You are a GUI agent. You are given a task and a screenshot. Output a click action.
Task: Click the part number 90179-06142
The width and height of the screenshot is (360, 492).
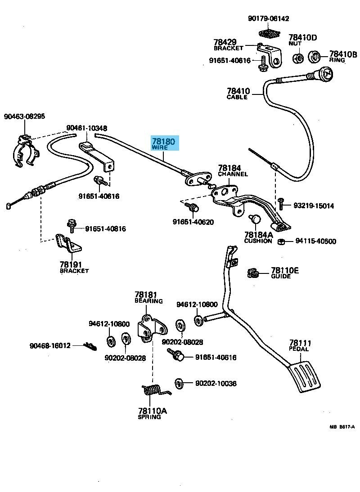click(268, 19)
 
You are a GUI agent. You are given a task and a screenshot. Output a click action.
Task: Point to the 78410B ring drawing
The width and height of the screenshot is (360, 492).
click(315, 57)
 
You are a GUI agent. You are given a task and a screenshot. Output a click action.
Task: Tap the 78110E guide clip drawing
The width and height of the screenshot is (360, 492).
click(253, 273)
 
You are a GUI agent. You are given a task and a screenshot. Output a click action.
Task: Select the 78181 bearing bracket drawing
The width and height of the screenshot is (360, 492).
click(152, 328)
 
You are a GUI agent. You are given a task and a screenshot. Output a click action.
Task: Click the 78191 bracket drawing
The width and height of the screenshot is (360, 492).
click(68, 243)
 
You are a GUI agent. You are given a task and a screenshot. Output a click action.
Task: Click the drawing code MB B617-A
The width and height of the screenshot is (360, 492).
click(342, 427)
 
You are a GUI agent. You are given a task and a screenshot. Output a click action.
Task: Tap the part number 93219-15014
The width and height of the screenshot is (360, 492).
click(314, 206)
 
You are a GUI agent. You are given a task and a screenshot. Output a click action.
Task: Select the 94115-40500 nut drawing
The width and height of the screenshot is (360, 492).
click(281, 242)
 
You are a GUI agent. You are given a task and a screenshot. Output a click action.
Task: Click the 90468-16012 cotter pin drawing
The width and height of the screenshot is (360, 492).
click(90, 346)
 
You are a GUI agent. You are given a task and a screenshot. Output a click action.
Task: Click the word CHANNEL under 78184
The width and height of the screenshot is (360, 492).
click(233, 174)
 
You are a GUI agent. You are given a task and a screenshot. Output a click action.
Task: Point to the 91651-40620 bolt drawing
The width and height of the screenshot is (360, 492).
click(192, 207)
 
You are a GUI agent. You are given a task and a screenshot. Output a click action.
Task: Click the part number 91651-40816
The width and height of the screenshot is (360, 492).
click(105, 229)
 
